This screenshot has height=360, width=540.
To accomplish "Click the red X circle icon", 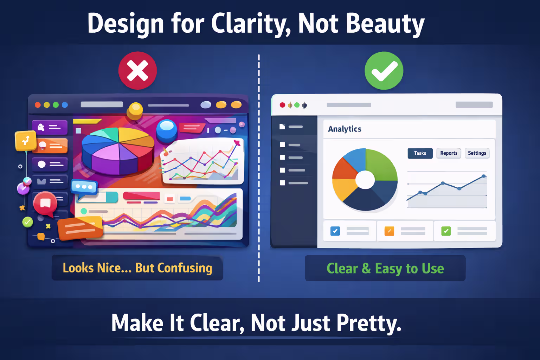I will pos(137,71).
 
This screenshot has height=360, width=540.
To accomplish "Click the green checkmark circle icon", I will pos(384,71).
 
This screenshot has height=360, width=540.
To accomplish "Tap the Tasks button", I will pos(420,153).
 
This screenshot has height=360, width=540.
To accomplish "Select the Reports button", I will pos(449,153).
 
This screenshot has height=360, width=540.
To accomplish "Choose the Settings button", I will pos(477,153).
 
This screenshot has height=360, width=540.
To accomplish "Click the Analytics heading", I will pos(345,129).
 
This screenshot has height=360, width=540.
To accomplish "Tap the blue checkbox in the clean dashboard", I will pos(335,231).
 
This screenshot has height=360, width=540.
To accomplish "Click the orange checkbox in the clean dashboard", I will pos(389,231).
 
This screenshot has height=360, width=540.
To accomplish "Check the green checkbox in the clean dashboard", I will pos(446,231).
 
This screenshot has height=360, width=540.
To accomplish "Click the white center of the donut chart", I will pos(365,180).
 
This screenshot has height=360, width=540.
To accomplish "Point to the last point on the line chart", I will pos(484,176).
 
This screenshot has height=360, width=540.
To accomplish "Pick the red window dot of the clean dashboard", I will pos(282,105).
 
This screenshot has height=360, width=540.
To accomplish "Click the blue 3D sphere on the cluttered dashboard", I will pos(166,129).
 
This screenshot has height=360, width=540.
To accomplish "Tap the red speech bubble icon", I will pos(45,203).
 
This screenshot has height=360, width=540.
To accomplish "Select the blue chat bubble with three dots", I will pos(84,187).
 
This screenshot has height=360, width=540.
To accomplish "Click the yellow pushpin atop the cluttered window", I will pos(135,110).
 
